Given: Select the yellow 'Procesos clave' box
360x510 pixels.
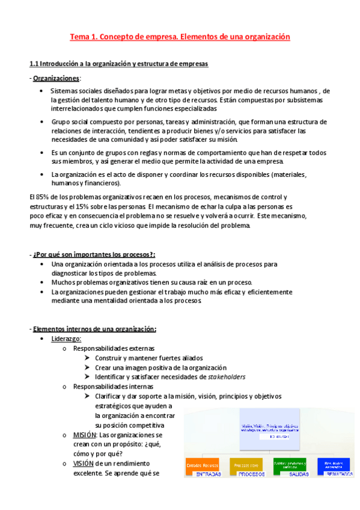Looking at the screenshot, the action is pos(246,464).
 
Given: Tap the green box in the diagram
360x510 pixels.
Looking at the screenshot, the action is pos(290,464).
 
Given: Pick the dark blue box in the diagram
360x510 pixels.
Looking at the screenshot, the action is pos(334,464).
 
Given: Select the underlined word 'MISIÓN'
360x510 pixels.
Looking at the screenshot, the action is pos(85,434).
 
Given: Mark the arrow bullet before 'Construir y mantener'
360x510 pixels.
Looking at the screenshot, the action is pos(88,358).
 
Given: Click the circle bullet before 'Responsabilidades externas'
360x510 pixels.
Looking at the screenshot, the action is pos(64,348).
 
